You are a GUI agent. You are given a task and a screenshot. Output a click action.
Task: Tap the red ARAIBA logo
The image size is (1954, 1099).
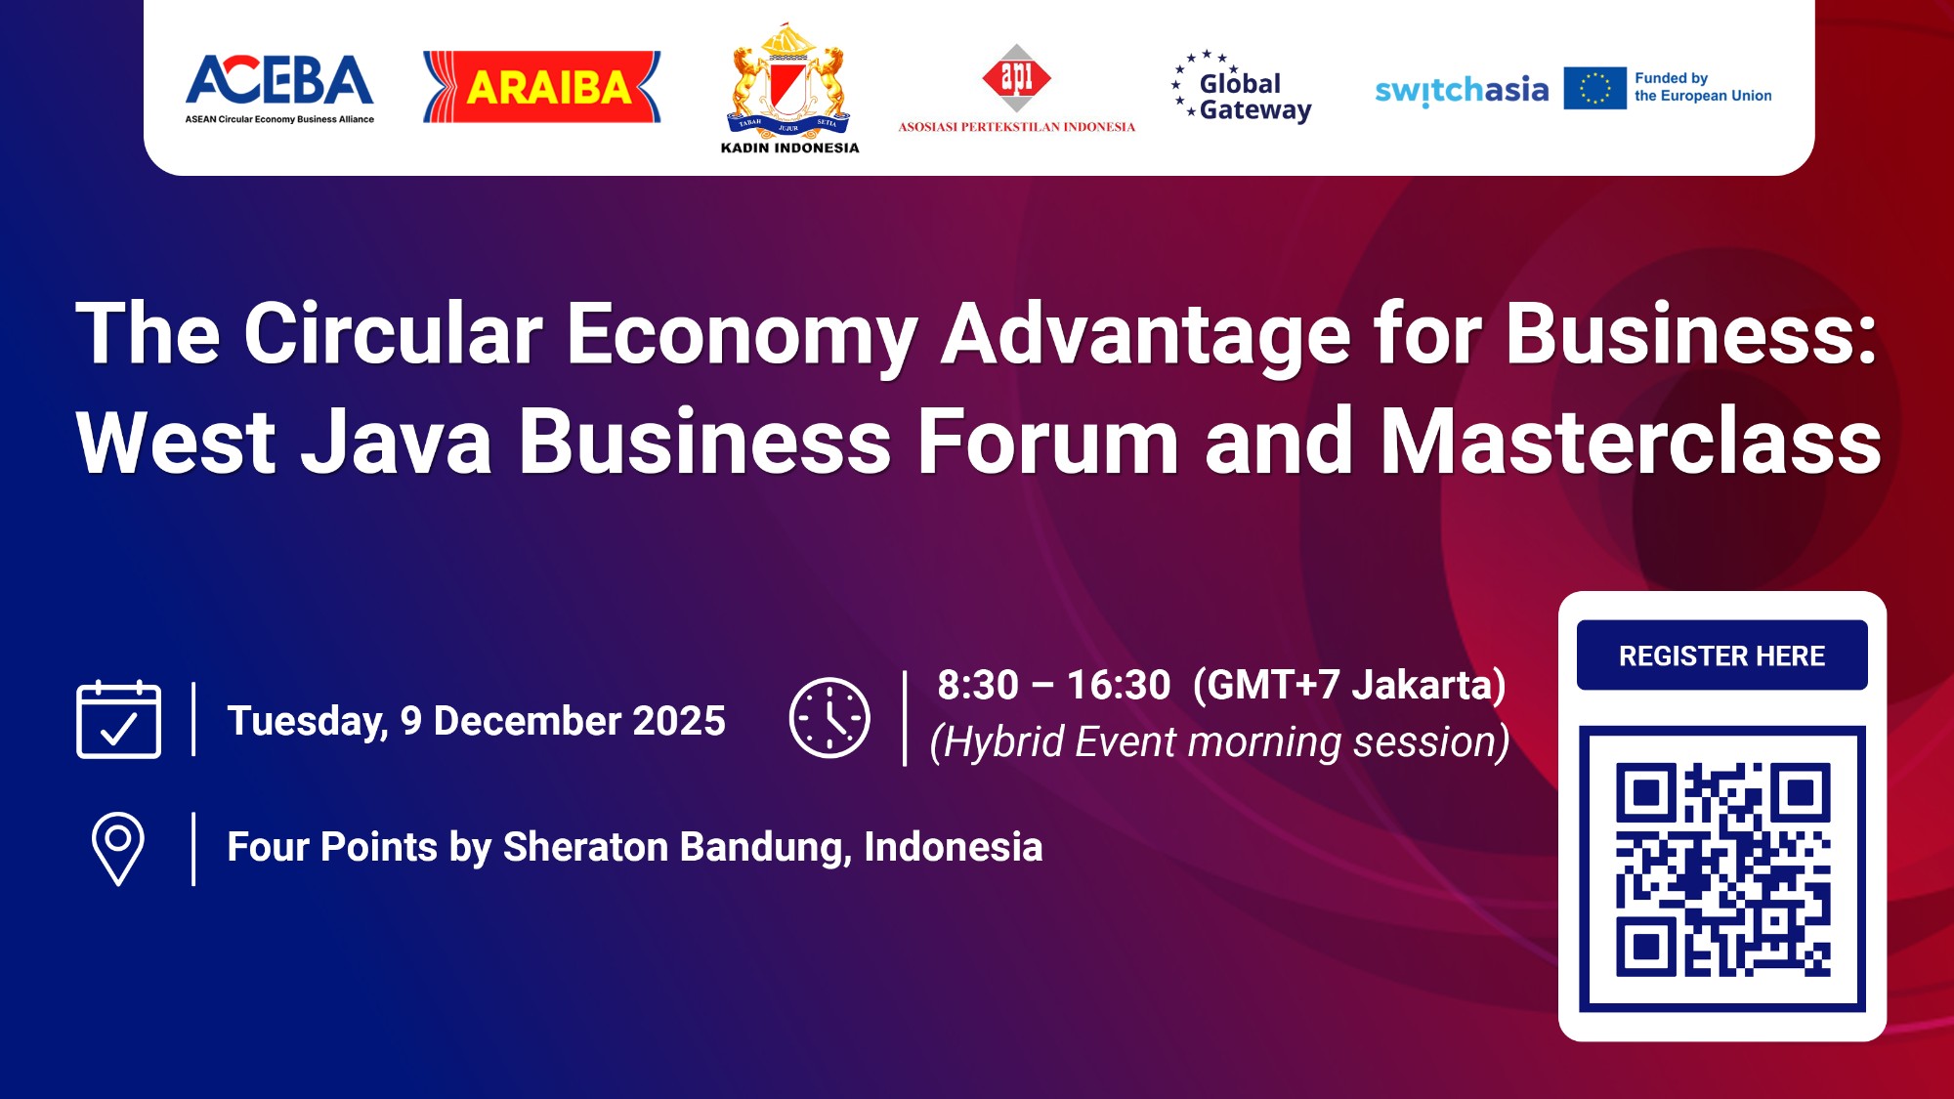(542, 87)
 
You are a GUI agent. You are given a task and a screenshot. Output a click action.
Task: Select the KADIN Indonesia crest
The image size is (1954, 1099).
(789, 83)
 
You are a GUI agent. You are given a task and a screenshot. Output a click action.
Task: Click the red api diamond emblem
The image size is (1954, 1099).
(1016, 76)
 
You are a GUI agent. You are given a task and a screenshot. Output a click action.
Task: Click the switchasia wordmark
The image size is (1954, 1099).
(1462, 91)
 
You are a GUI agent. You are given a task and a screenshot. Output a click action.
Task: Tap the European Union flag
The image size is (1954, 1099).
(1594, 88)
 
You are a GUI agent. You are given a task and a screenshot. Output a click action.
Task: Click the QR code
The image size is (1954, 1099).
(1722, 868)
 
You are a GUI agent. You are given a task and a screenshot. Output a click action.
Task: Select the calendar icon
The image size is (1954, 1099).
(118, 720)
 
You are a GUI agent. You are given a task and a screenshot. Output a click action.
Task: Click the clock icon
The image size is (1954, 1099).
(829, 718)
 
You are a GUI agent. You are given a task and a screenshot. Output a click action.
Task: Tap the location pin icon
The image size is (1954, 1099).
(118, 848)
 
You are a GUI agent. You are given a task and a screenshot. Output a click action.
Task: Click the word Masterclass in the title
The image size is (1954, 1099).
(1631, 442)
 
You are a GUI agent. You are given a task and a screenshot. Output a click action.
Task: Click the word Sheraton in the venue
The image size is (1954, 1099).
(585, 847)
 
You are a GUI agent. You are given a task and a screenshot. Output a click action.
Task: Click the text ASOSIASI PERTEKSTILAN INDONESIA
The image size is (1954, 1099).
(1016, 127)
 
